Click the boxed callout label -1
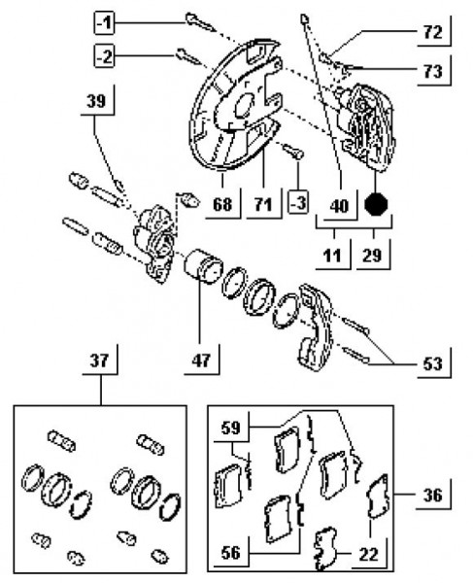[x=104, y=23]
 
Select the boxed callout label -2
[x=104, y=57]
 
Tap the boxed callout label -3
[x=298, y=203]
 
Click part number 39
[x=96, y=101]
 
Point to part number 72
[x=432, y=33]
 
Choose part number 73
[x=432, y=71]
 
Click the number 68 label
[x=222, y=204]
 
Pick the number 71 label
[x=263, y=204]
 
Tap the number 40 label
[x=339, y=206]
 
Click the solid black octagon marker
[x=376, y=204]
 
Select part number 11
[x=332, y=256]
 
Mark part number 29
[x=372, y=256]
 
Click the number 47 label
[x=201, y=360]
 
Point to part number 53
[x=433, y=364]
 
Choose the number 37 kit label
[x=99, y=360]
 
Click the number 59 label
[x=231, y=428]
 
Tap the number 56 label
[x=231, y=553]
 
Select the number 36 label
[x=433, y=496]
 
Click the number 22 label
[x=368, y=555]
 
